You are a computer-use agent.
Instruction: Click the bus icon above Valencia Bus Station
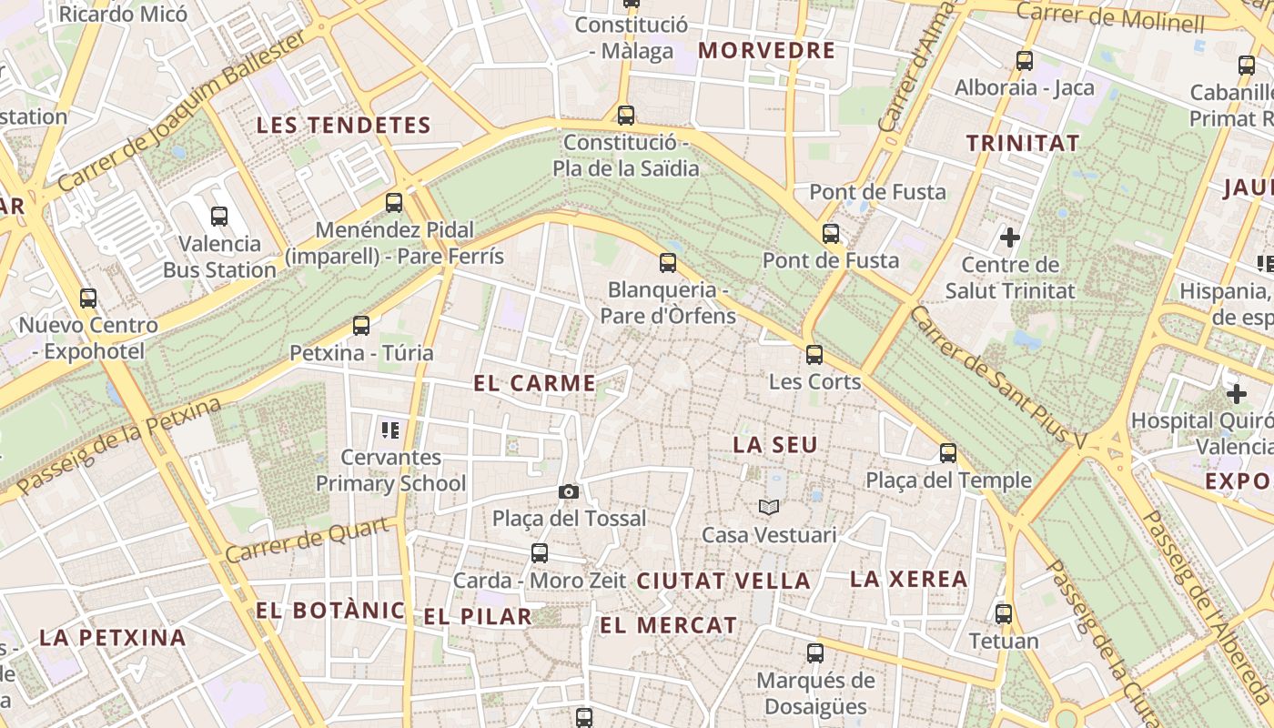click(x=219, y=217)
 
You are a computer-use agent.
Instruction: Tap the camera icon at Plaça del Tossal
click(x=569, y=492)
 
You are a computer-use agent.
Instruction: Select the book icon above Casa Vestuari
click(x=769, y=507)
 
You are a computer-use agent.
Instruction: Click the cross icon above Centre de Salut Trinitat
click(x=1010, y=238)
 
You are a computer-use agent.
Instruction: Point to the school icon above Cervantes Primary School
click(x=390, y=430)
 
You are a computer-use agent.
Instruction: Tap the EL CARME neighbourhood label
click(x=535, y=383)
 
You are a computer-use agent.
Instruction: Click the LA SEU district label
click(x=775, y=445)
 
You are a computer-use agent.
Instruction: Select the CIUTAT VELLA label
click(x=723, y=581)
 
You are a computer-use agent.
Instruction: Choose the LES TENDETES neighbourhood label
click(x=343, y=126)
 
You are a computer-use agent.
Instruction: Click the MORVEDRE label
click(x=766, y=51)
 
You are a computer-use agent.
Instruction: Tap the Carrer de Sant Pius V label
click(x=998, y=377)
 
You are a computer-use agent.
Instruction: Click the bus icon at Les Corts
click(x=814, y=355)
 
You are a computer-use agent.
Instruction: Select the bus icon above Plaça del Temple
click(x=948, y=453)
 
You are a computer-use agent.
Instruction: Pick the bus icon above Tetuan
click(x=1004, y=614)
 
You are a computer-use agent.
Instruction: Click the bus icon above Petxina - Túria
click(x=361, y=326)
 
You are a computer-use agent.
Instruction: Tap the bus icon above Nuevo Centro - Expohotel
click(x=88, y=298)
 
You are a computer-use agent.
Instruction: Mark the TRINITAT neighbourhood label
click(x=1023, y=143)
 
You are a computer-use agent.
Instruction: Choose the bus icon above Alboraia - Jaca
click(x=1025, y=61)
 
